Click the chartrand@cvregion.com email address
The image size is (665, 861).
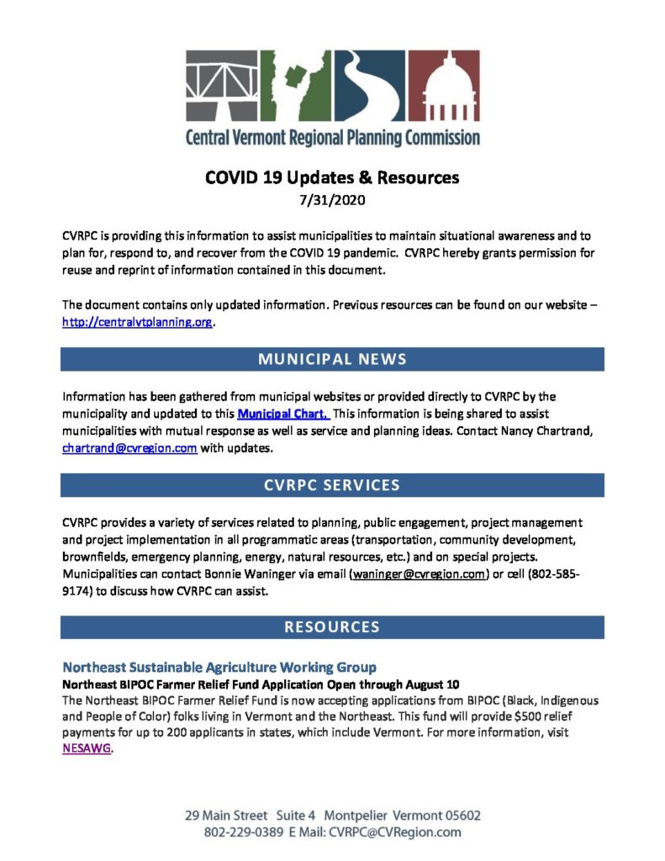click(129, 448)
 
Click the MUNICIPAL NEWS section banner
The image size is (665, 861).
click(332, 359)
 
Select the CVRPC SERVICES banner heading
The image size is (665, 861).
click(332, 485)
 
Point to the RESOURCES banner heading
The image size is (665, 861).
click(332, 626)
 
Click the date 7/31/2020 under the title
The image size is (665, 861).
click(332, 201)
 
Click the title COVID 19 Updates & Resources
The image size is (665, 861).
click(332, 178)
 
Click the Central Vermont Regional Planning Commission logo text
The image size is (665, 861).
click(332, 137)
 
